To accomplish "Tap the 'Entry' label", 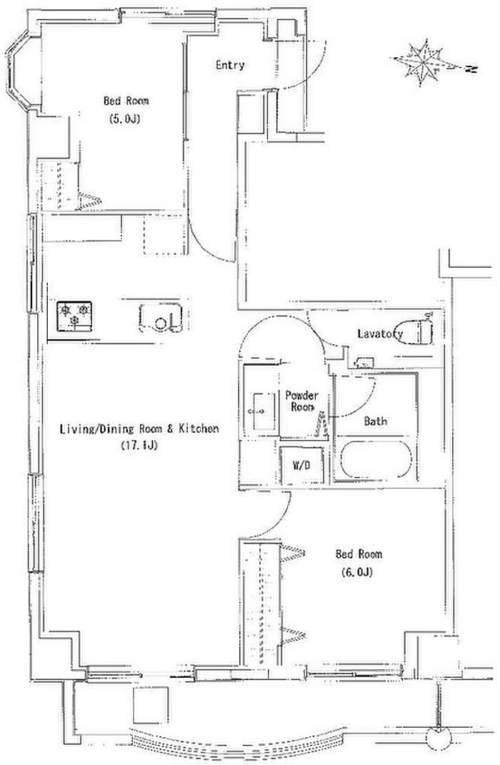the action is pos(230,65).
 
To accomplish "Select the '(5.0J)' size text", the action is pos(124,118).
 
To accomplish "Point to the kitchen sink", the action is pos(161,317).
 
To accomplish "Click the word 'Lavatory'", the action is pos(380,334).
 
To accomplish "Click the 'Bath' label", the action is pos(376,421).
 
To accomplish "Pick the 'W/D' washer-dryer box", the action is pos(301,466).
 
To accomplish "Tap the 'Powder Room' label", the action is pos(302,401).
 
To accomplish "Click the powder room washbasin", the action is pos(261,411).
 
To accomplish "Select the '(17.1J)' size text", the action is pos(139,445).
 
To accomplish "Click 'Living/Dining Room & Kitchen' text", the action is pos(139,429).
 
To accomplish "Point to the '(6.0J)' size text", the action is pos(356,572).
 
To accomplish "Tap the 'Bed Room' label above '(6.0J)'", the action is pos(359,554).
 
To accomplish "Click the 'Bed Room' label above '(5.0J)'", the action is pos(126,101).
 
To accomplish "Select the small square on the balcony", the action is pos(151,706).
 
